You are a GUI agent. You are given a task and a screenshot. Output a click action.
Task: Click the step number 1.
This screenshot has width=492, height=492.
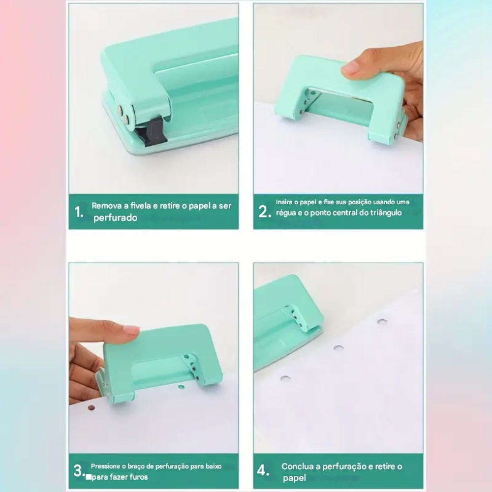tap(79, 212)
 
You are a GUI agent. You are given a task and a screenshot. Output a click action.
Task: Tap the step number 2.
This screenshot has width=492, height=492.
tap(265, 212)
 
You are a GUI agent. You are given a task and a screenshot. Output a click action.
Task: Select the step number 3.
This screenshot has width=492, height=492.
tap(79, 471)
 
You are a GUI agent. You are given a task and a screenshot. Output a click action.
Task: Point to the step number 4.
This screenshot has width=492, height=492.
tap(263, 470)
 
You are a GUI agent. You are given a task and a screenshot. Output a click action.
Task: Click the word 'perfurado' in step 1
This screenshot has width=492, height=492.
tap(116, 218)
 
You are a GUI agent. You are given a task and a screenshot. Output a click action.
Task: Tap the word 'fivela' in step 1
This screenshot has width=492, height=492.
tap(141, 206)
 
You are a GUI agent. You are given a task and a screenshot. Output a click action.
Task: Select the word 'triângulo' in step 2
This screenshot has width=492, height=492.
tap(386, 213)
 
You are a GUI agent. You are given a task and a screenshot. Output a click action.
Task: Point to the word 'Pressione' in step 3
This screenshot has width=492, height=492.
tap(105, 466)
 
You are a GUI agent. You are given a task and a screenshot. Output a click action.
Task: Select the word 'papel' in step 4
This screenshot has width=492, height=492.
tap(294, 478)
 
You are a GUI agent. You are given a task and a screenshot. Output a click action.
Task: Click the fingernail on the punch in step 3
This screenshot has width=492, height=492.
tap(131, 329)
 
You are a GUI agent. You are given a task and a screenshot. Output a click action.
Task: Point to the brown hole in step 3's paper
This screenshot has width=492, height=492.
tap(92, 408)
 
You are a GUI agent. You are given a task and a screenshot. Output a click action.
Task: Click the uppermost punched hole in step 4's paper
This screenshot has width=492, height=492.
tap(382, 321)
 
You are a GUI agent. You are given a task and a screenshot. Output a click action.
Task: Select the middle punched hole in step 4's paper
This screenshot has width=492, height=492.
tap(338, 348)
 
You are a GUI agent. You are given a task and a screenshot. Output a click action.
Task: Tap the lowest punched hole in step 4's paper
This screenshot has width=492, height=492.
tap(285, 378)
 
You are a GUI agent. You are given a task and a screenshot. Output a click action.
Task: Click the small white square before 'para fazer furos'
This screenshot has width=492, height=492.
tap(89, 477)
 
